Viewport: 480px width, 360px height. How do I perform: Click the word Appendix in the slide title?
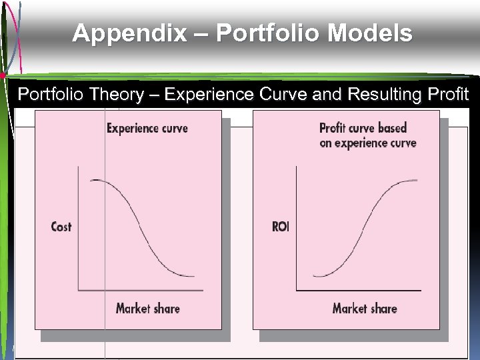point(129,33)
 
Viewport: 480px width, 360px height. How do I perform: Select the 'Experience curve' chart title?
point(147,128)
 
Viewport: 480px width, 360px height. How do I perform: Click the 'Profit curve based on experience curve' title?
point(367,135)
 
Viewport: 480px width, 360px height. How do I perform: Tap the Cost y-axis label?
point(61,227)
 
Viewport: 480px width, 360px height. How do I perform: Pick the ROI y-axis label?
point(281,227)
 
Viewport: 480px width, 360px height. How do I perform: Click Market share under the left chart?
point(147,308)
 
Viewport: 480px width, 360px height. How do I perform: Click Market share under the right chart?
point(365,308)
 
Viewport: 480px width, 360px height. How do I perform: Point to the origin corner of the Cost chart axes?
point(79,290)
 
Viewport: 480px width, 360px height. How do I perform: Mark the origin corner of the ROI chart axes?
point(297,290)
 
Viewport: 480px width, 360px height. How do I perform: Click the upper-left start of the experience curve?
point(91,181)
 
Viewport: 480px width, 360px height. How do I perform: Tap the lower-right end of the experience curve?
point(193,275)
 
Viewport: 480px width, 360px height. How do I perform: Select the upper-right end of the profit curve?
point(418,180)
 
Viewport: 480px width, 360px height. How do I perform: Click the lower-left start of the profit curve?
point(313,275)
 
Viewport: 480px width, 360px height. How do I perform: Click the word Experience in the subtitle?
point(209,95)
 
